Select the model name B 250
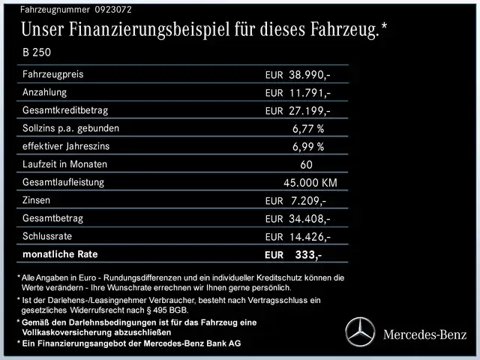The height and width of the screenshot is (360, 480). (x=37, y=53)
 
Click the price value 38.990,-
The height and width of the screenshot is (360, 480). (x=310, y=76)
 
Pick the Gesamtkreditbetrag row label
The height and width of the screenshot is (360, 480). (x=62, y=110)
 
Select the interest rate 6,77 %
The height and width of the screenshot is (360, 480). (x=308, y=129)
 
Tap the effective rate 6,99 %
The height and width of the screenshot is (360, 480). (x=308, y=147)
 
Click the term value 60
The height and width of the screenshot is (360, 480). (x=307, y=165)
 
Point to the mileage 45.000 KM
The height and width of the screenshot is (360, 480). (x=310, y=183)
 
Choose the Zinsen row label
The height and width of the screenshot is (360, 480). (x=38, y=200)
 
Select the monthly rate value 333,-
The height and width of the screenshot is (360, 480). (x=308, y=255)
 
